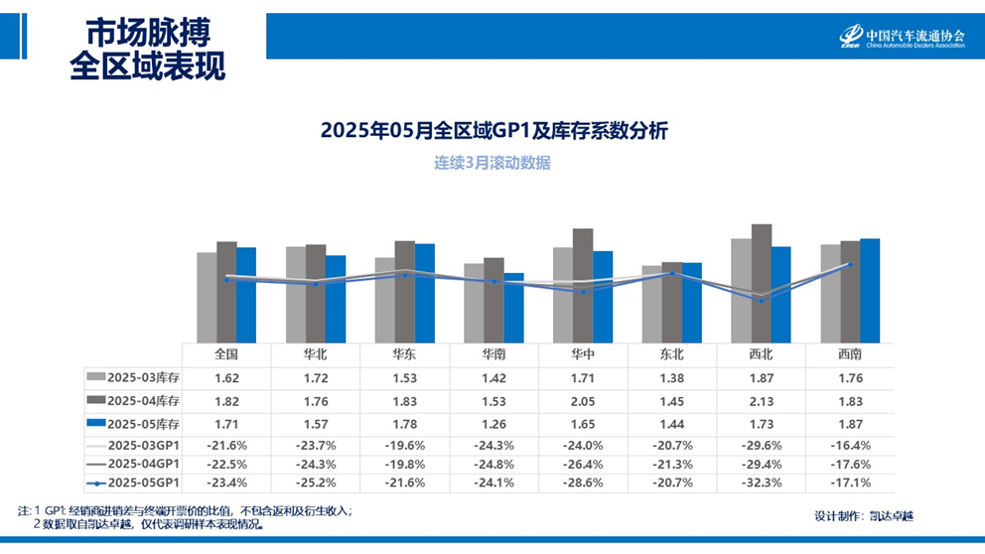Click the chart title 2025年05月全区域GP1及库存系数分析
coord(493,130)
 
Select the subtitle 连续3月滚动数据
coord(492,163)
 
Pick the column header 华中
coord(583,353)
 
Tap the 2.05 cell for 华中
coord(583,399)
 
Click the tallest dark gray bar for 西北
coord(761,283)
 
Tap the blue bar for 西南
coord(870,290)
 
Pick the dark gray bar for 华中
coord(583,285)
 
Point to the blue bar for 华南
coord(513,308)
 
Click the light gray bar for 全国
coord(207,297)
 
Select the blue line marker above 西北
coord(761,301)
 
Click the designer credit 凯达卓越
coord(891,516)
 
